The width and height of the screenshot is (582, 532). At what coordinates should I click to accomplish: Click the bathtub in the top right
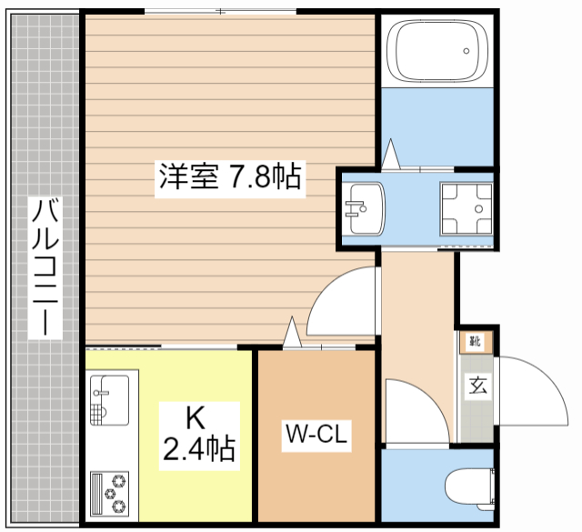[x=435, y=51]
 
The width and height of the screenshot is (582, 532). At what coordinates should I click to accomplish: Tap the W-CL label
[x=315, y=436]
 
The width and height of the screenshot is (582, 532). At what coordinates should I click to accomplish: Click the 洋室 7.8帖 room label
[x=229, y=176]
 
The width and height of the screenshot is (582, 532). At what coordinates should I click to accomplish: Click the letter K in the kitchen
[x=196, y=418]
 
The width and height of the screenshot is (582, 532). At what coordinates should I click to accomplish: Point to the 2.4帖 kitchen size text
[x=200, y=448]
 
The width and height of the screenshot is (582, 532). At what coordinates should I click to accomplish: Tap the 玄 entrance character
[x=478, y=385]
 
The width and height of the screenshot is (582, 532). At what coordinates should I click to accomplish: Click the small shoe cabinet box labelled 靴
[x=475, y=342]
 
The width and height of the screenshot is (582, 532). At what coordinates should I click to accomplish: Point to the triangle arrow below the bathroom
[x=392, y=155]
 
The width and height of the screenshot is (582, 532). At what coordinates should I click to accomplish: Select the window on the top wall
[x=221, y=11]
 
